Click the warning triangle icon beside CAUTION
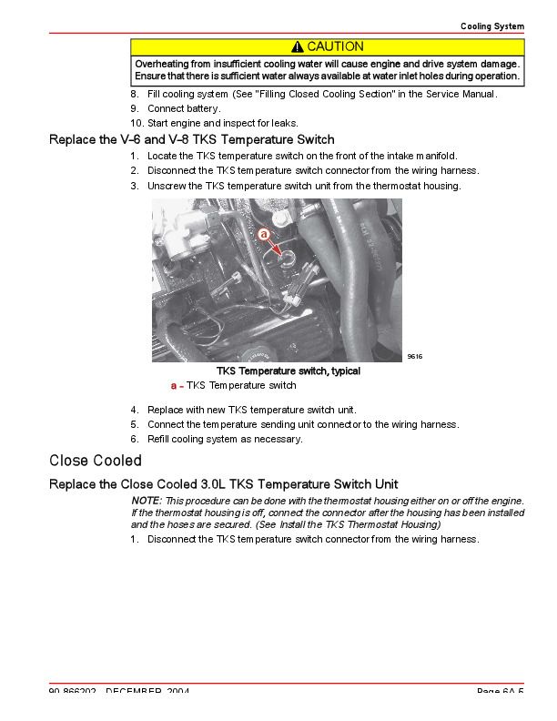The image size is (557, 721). point(298,46)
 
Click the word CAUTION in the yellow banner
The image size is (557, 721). point(335,46)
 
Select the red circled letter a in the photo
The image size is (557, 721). point(263,234)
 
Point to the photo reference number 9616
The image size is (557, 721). point(415,356)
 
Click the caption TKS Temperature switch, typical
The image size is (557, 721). point(288,371)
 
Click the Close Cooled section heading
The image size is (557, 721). point(96,461)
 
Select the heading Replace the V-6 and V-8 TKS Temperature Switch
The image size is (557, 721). point(191,140)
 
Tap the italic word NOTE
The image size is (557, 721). point(146,501)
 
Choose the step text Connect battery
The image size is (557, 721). point(184,108)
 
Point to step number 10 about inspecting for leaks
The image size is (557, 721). point(137,123)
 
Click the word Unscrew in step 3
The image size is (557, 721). point(166,186)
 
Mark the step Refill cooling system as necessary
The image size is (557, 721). point(225,439)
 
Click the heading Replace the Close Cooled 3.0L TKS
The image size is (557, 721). point(223,484)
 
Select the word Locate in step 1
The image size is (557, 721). point(162,156)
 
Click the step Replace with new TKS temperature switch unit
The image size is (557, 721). point(251,410)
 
